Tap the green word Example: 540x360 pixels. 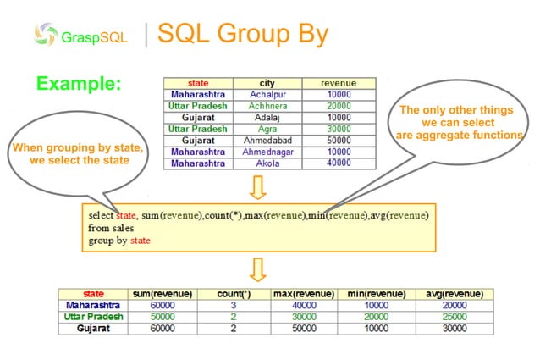point(79,84)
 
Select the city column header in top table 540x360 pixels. point(267,83)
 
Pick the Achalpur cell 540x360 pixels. point(267,95)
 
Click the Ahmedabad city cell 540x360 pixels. point(267,139)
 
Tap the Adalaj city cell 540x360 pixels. point(267,117)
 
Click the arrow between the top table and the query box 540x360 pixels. point(259,185)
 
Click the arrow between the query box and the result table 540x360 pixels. point(259,269)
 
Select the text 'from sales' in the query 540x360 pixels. point(111,229)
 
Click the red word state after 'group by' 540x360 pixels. point(141,241)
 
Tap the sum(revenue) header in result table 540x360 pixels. point(160,294)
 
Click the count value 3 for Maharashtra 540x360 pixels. point(232,305)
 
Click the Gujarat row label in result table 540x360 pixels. point(93,327)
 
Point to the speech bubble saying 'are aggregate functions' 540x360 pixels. point(456,123)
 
